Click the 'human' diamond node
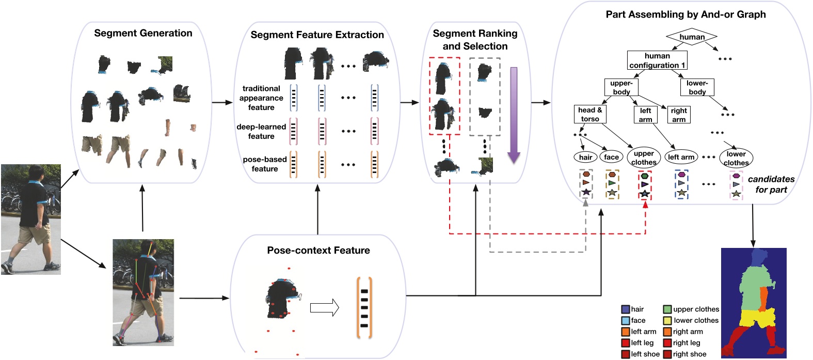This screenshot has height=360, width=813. (692, 37)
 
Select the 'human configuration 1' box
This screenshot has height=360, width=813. (657, 60)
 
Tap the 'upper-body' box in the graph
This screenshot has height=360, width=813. (621, 87)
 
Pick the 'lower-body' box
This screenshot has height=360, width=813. (697, 87)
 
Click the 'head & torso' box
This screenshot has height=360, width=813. (589, 114)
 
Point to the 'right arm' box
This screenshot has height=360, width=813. (679, 115)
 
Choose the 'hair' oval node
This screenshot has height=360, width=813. (585, 157)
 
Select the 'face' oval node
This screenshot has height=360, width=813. (611, 157)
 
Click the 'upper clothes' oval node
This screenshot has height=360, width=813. (644, 158)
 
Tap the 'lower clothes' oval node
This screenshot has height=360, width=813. (736, 158)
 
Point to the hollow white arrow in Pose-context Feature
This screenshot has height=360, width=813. (324, 308)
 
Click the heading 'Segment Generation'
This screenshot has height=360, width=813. (143, 33)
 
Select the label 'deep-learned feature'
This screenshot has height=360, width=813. (261, 131)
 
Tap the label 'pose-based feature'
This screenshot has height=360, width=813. (264, 164)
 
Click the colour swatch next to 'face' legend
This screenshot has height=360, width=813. (626, 320)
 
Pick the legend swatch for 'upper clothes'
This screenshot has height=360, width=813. (667, 309)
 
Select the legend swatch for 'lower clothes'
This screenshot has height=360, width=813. (667, 320)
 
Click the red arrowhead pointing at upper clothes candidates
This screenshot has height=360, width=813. (645, 205)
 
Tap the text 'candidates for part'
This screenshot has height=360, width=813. (771, 184)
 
